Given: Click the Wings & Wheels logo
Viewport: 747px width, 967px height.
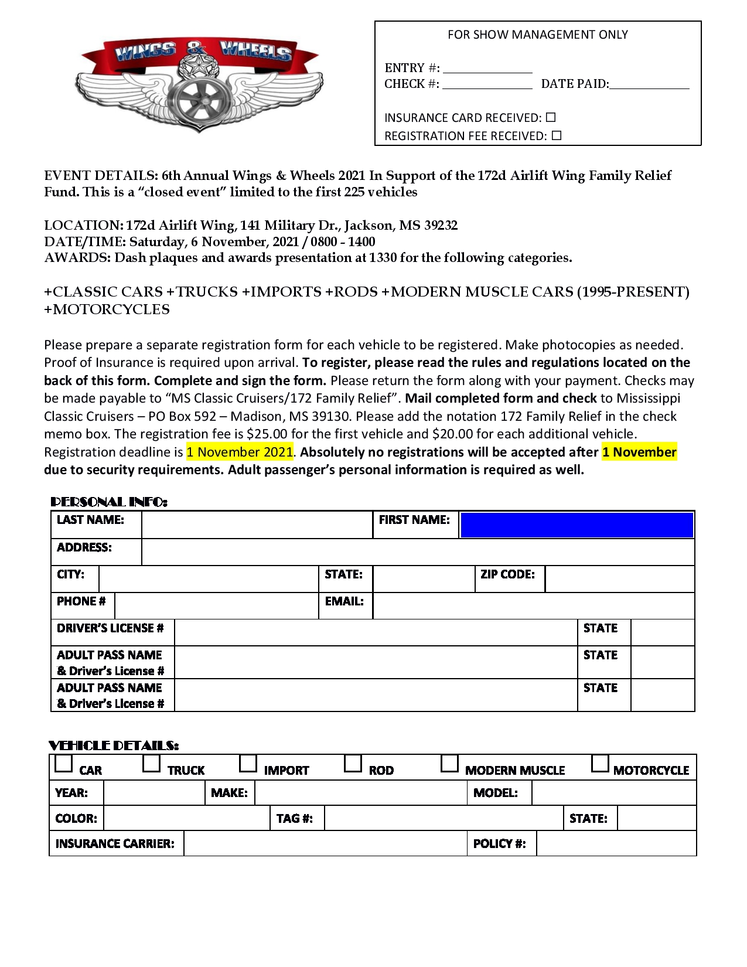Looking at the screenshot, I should (199, 82).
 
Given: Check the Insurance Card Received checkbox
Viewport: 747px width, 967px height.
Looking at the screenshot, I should (550, 117).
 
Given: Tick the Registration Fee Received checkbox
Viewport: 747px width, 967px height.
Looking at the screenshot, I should (557, 135).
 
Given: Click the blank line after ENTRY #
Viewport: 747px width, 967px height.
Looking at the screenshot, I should (487, 68).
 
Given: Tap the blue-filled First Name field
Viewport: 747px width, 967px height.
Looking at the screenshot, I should (577, 525).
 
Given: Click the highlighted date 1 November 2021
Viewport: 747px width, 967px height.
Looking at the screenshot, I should (240, 452).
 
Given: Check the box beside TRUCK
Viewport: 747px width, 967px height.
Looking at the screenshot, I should (152, 763).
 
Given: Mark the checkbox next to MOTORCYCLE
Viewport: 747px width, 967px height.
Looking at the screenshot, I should (600, 763).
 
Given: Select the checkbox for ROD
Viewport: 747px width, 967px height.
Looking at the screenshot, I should (353, 763).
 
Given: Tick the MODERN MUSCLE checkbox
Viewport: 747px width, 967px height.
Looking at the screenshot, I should (449, 763).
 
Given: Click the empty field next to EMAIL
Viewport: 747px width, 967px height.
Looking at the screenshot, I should (533, 606).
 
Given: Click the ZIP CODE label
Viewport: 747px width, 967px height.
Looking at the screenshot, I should (507, 574).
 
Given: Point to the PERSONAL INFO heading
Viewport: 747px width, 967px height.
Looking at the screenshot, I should (109, 502).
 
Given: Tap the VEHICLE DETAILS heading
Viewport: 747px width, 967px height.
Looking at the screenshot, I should (114, 745).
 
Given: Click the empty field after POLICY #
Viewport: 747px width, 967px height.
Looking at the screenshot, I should (616, 843).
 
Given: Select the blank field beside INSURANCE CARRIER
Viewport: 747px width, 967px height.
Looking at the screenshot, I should (325, 843).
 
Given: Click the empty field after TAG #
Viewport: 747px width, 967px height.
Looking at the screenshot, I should (444, 818).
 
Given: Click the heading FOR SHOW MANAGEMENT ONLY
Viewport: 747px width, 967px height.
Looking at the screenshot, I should (537, 35).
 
